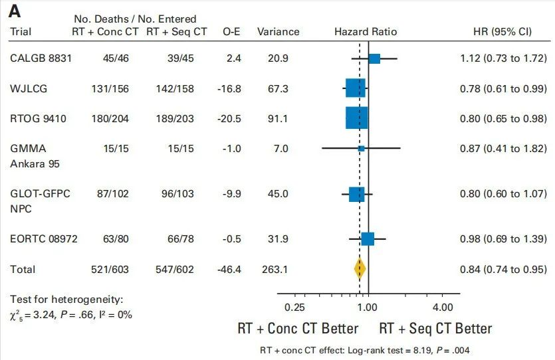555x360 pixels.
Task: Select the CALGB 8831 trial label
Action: tap(41, 58)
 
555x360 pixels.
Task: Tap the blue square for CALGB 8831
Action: tap(374, 59)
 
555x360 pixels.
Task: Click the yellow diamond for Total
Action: tap(360, 269)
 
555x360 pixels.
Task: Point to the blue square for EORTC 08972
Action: tap(368, 238)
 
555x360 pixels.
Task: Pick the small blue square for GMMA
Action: tap(361, 149)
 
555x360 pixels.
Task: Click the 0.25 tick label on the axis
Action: tap(294, 307)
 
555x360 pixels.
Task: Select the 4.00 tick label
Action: tap(443, 307)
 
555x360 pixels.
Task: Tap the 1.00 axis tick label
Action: tap(368, 307)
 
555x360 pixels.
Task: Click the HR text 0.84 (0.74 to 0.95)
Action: tap(503, 269)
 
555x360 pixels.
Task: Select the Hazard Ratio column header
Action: tap(366, 31)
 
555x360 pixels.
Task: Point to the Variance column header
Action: tap(278, 31)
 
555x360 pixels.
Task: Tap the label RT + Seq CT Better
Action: tap(435, 328)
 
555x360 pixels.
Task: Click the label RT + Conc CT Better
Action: tap(298, 328)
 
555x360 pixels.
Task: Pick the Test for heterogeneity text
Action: tap(66, 300)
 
